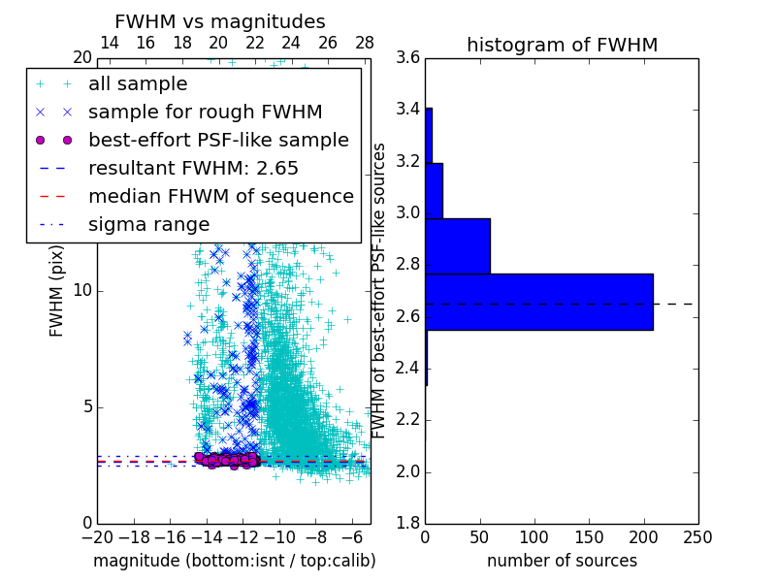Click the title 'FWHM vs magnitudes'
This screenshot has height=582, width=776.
pos(220,21)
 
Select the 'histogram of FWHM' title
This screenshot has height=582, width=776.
pos(562,45)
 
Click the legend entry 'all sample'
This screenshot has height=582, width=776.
pos(138,84)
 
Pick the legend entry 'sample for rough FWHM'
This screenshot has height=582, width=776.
pos(205,113)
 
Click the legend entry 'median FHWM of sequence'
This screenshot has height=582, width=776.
pos(220,197)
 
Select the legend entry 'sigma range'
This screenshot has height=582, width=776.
pos(148,225)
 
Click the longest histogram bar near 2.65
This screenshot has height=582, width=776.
pos(538,302)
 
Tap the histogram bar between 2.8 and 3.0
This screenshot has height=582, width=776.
pos(457,246)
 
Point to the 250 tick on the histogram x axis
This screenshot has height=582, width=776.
pos(697,536)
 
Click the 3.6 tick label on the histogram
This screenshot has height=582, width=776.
pos(408,57)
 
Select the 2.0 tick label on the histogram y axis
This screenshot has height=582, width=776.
pos(408,471)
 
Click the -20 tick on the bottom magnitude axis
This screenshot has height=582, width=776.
pos(97,536)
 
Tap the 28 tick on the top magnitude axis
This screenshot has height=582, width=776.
pos(365,43)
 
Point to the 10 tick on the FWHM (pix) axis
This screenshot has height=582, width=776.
pos(83,290)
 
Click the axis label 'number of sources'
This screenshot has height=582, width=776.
pos(562,561)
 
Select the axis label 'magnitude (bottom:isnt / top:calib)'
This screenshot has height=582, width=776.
pos(234,561)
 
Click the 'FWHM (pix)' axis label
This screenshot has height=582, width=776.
pos(57,290)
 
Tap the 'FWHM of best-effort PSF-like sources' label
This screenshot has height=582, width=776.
pos(379,290)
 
